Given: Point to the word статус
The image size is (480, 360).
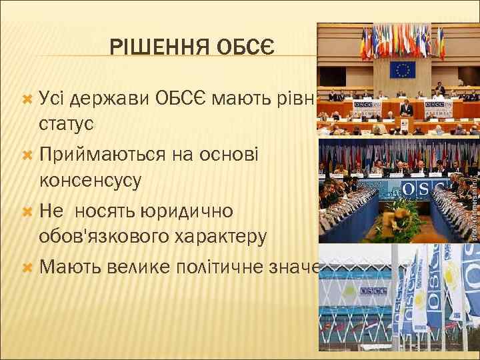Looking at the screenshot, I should (x=66, y=125).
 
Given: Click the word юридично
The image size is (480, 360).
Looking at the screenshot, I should (x=187, y=211).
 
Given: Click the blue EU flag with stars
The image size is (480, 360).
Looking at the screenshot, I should (x=402, y=69).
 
